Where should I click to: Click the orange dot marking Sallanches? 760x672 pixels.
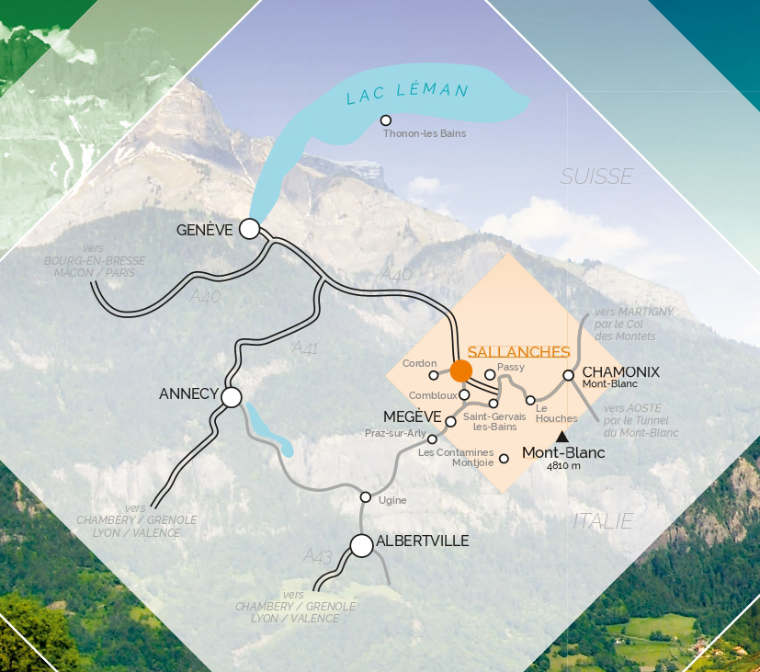click(461, 370)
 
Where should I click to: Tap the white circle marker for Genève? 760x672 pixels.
click(249, 229)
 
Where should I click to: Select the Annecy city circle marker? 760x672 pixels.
click(232, 397)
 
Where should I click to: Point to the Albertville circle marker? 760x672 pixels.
click(362, 546)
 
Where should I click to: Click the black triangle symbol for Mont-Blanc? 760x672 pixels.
click(562, 437)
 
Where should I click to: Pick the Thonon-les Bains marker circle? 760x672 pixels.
click(386, 120)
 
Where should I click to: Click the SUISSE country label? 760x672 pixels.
click(596, 177)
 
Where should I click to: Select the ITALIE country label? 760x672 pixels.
click(603, 521)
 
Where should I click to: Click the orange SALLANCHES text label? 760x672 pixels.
click(518, 352)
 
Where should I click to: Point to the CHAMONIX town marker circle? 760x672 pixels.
click(569, 375)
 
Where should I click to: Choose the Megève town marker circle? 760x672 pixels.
click(450, 422)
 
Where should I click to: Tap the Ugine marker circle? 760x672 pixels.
click(365, 497)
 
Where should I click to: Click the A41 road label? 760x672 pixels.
click(304, 348)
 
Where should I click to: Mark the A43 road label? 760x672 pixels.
click(317, 556)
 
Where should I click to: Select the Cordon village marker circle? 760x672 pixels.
click(433, 375)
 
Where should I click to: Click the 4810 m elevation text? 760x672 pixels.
click(563, 466)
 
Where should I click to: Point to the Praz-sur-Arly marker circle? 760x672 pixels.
click(432, 439)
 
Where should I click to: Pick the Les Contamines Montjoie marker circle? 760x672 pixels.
click(504, 458)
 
